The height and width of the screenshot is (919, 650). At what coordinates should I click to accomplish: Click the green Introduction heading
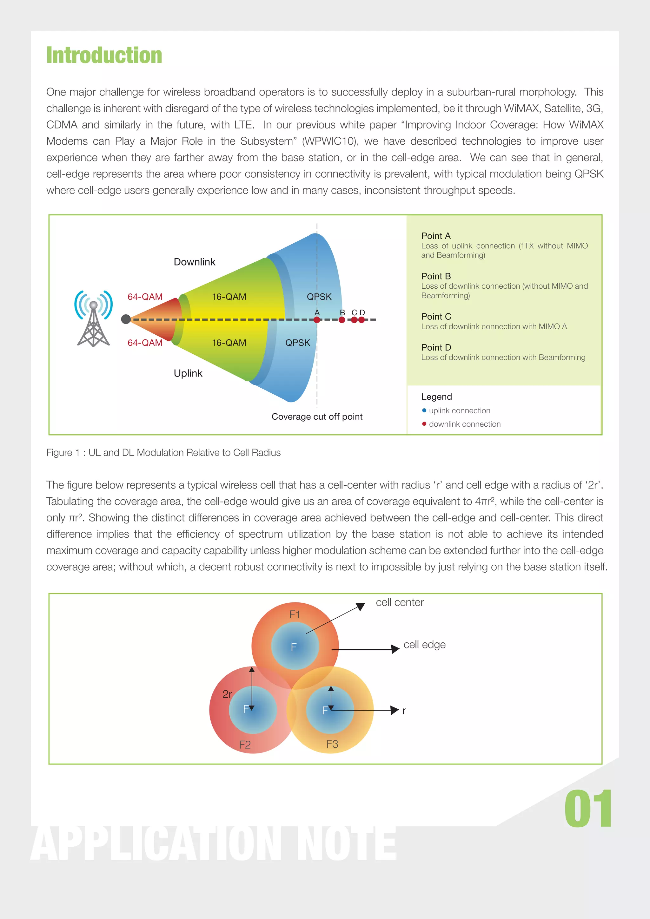tap(104, 55)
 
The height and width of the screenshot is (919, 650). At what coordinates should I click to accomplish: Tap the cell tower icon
tap(93, 318)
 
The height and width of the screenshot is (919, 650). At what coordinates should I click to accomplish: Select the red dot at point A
tap(317, 320)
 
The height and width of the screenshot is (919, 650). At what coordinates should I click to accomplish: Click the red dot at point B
tap(342, 320)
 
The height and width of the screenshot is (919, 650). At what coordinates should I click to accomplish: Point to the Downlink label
tap(194, 262)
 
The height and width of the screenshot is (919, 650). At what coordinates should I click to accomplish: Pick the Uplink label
tap(188, 373)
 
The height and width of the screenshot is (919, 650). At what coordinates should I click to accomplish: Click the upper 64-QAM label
tap(145, 297)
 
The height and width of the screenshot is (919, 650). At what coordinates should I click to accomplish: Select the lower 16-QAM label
tap(229, 343)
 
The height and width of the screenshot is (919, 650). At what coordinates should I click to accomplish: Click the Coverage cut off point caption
tap(317, 417)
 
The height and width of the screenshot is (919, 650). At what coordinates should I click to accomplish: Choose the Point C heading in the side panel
tap(436, 317)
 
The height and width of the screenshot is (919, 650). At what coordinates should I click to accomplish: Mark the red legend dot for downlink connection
tap(424, 424)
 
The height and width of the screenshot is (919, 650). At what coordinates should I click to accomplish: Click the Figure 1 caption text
tap(163, 453)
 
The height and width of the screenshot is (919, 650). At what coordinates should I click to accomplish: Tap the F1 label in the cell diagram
tap(295, 614)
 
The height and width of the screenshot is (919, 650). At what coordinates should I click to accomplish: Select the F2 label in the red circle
tap(245, 745)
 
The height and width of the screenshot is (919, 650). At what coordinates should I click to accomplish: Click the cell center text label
tap(399, 602)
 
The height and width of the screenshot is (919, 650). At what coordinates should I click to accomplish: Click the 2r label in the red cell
tap(227, 694)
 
